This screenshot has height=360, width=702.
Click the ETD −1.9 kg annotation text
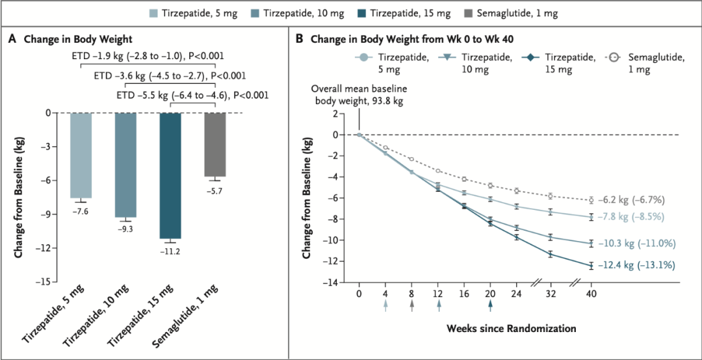coord(148,56)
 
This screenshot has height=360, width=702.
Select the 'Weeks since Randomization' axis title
coord(510,328)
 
